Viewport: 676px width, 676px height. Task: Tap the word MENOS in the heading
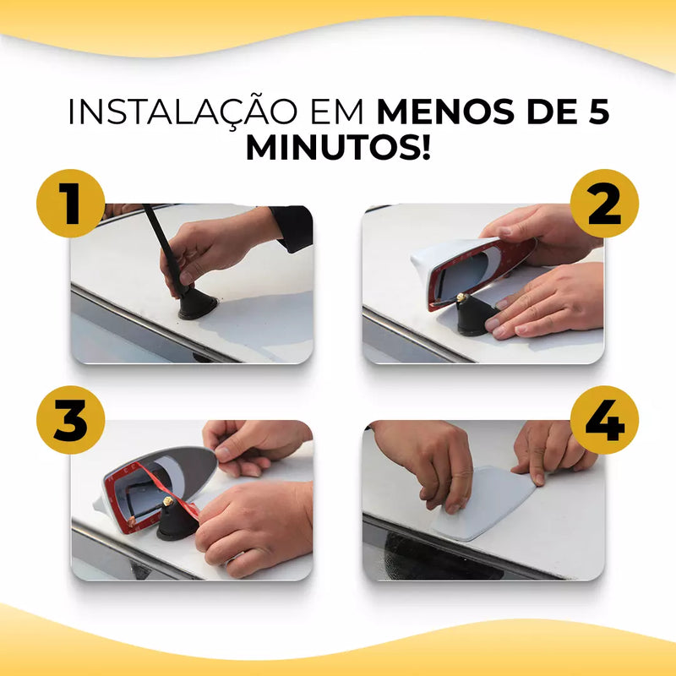445,112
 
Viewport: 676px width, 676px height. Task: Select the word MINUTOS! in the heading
339,148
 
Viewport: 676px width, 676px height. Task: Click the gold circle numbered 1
71,204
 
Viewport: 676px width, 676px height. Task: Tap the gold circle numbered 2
604,204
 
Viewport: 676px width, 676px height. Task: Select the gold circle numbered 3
71,420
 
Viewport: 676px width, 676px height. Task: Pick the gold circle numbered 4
604,420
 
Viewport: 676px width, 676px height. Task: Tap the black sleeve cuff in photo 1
293,227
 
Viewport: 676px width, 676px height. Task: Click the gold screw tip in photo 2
461,297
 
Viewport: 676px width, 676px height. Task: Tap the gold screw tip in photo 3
168,500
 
